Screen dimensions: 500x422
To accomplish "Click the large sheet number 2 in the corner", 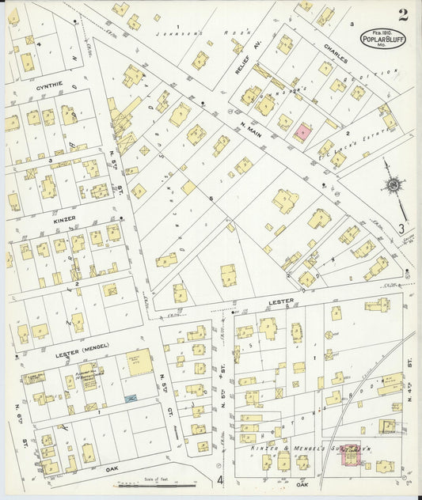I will coord(403,14).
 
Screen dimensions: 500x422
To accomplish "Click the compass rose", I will coord(392,185).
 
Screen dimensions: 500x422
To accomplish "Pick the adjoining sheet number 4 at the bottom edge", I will coord(220,479).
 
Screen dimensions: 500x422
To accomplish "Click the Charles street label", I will coord(335,47).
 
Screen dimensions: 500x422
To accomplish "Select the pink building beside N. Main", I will coord(302,132).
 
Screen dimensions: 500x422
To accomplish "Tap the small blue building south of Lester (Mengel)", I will coord(131,398).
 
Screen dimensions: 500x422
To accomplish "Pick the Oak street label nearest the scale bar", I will coord(112,468).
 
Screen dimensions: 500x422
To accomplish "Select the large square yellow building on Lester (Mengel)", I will coord(139,362).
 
